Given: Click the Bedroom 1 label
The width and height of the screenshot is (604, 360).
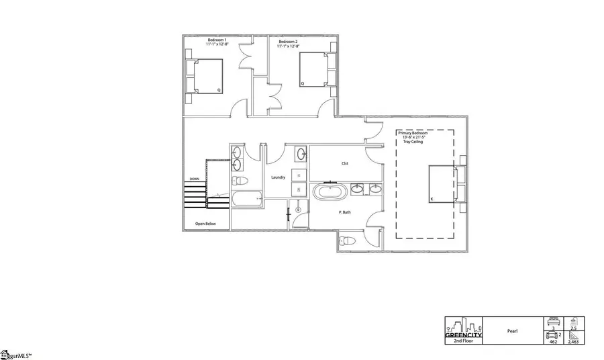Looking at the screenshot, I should tap(217, 41).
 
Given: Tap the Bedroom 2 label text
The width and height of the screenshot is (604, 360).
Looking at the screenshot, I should tap(289, 41).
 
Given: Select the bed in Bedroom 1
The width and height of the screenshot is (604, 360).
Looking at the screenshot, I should tap(207, 75).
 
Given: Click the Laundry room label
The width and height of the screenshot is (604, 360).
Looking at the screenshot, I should tap(278, 177).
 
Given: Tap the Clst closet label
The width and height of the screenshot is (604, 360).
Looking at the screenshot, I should tap(344, 163).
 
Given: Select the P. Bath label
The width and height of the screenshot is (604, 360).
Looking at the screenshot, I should tap(345, 212).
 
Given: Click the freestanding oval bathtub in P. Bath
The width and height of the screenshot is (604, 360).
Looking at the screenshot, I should tap(330, 193).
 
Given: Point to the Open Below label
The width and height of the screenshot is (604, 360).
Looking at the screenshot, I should tap(205, 223).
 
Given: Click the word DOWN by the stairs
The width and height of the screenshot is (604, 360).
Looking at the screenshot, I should tap(194, 179).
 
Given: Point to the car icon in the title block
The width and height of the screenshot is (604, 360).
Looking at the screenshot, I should tap(552, 334).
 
